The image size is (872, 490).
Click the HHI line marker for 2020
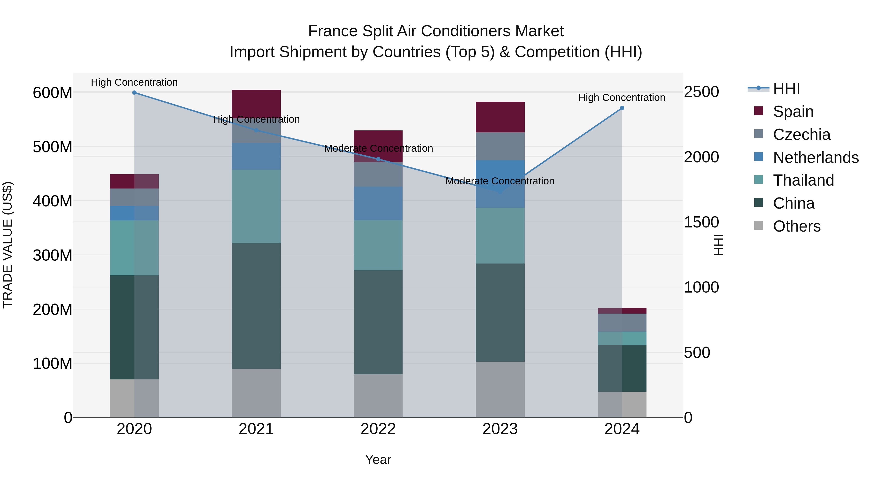click(x=134, y=93)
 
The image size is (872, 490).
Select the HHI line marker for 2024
click(x=622, y=108)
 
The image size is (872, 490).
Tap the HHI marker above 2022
click(x=378, y=159)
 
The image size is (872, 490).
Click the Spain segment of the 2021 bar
click(x=256, y=103)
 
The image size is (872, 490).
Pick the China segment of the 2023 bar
click(x=500, y=313)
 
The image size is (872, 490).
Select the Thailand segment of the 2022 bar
click(x=378, y=245)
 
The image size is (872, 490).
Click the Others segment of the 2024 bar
click(x=622, y=404)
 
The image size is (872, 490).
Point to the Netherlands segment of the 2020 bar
click(x=134, y=213)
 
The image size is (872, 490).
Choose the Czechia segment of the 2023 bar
click(x=500, y=146)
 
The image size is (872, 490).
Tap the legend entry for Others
click(x=796, y=226)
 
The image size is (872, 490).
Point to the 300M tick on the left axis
click(x=53, y=255)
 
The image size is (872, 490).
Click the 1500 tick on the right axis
click(x=701, y=222)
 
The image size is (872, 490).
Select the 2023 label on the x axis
click(x=500, y=429)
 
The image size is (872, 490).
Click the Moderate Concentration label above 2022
click(x=378, y=149)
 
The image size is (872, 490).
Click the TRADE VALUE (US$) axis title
click(x=8, y=245)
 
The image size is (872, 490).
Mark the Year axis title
click(x=378, y=460)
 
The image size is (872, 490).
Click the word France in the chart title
click(x=333, y=31)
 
